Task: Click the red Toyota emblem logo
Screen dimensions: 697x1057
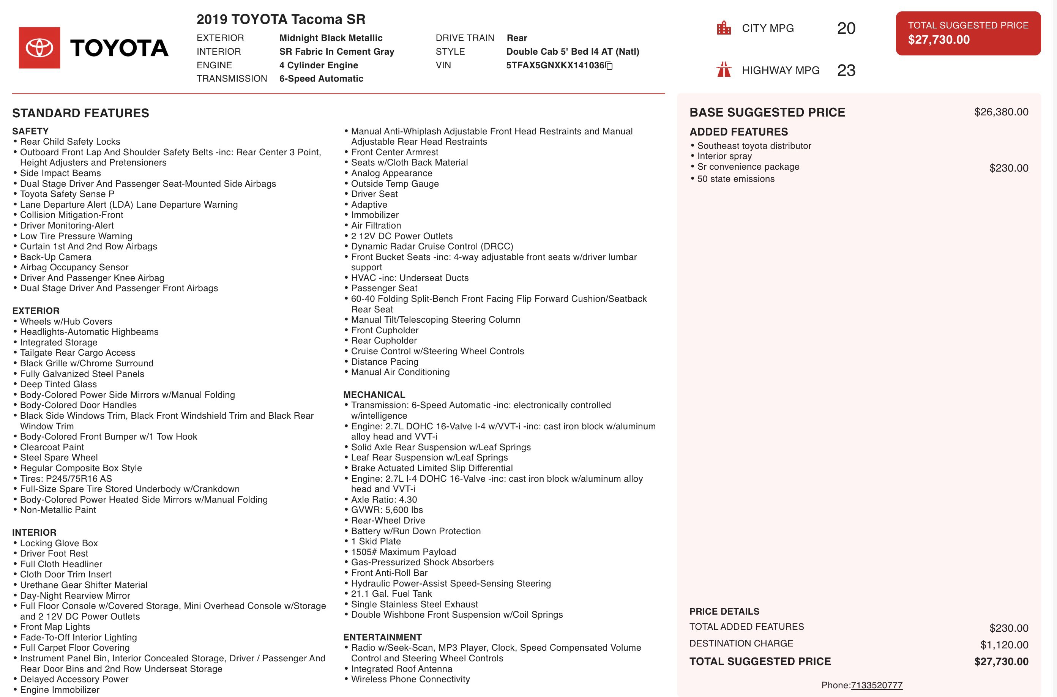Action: coord(39,47)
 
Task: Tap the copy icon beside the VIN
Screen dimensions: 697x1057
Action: coord(609,66)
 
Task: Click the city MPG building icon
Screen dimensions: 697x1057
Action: coord(724,28)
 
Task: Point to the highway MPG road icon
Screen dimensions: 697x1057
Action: coord(724,70)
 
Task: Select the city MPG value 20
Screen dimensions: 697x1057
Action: coord(846,28)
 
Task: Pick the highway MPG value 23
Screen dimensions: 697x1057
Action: coord(846,70)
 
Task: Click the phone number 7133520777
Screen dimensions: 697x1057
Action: coord(876,685)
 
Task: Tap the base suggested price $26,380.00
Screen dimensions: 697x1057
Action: coord(1001,112)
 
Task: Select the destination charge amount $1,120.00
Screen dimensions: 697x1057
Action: coord(1004,645)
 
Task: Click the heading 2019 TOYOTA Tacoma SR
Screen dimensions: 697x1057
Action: coord(281,19)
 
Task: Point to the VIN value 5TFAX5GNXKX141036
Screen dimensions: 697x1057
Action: coord(555,65)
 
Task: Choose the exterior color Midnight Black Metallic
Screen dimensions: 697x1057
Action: coord(331,38)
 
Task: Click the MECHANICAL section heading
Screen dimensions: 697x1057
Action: coord(374,395)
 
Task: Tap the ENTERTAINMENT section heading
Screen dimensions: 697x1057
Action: coord(382,637)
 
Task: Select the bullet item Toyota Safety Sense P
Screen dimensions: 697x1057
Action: coord(67,194)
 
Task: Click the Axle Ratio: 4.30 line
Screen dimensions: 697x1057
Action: coord(383,500)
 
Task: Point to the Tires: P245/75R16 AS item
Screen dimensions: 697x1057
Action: coord(66,479)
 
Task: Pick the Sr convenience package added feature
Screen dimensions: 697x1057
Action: coord(748,167)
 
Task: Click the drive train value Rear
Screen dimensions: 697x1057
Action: coord(516,38)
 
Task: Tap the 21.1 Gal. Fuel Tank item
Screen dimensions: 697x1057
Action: coord(391,594)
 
